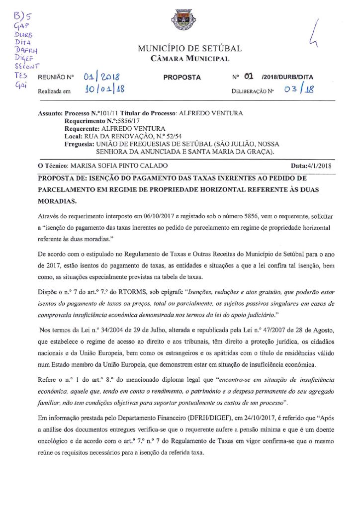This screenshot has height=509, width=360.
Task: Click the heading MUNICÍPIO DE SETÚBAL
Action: pyautogui.click(x=189, y=49)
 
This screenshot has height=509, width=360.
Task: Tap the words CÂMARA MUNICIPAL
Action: pyautogui.click(x=190, y=59)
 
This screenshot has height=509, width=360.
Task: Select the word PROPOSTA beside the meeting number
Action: pyautogui.click(x=182, y=78)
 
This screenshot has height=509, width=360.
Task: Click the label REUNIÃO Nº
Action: pyautogui.click(x=56, y=78)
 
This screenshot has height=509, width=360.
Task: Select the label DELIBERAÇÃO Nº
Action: pyautogui.click(x=253, y=91)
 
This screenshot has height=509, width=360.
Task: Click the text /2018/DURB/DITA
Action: pyautogui.click(x=287, y=78)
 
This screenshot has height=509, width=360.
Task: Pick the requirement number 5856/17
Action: pyautogui.click(x=136, y=121)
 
